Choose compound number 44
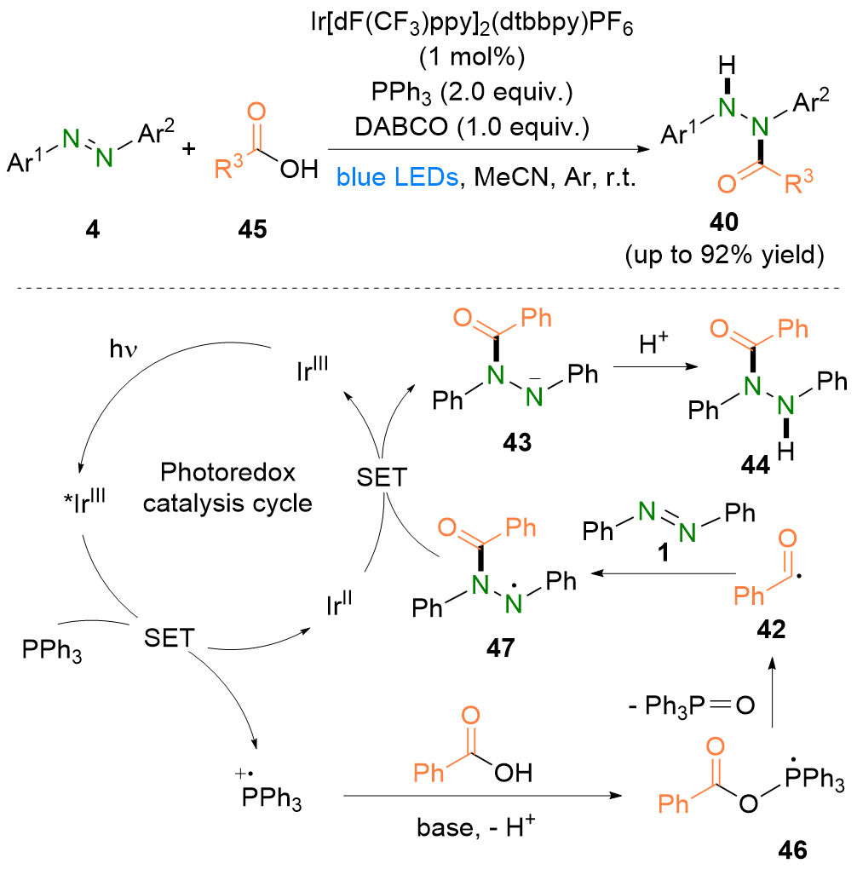click(x=754, y=466)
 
